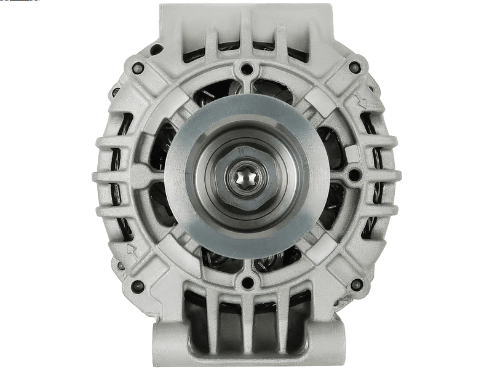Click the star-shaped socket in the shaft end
245,180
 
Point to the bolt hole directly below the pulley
247,283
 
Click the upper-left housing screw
138,68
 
